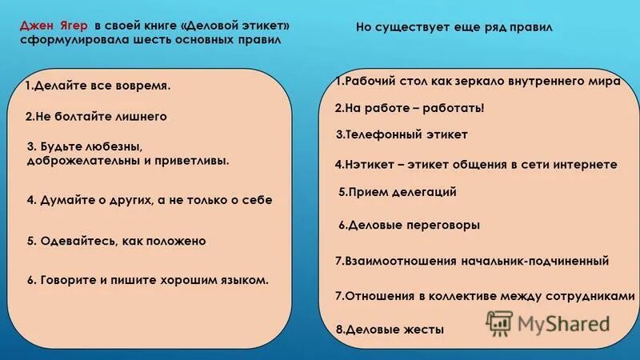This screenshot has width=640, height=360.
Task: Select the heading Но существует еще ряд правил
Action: pos(454,28)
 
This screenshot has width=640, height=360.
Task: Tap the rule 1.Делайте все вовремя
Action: pos(98,86)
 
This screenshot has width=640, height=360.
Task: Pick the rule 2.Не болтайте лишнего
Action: pos(96,117)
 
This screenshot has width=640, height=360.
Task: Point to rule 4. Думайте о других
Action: pos(149,200)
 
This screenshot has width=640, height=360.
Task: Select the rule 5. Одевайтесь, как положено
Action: pos(116,241)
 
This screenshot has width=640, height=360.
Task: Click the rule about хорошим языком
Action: pos(147,280)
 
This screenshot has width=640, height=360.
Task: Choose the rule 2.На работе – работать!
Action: pos(410,108)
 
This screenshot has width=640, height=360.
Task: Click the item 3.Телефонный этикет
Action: pos(402,135)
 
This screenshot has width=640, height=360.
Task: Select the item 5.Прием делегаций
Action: pos(398,192)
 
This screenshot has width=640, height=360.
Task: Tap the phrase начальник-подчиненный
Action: pos(534,261)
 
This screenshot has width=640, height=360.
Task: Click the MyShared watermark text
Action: pos(563,323)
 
